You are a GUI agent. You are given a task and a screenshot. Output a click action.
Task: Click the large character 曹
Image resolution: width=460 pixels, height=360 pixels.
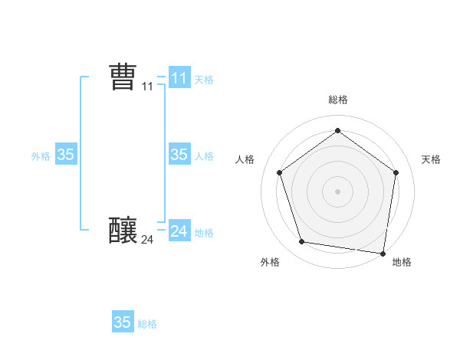(x=123, y=77)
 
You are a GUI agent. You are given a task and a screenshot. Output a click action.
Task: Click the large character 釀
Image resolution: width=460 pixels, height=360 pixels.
(x=123, y=229)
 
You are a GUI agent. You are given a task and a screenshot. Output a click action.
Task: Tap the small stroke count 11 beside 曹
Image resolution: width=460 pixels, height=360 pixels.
(x=148, y=87)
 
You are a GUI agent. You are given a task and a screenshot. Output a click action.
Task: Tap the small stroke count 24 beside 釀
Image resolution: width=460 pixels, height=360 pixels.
(x=147, y=240)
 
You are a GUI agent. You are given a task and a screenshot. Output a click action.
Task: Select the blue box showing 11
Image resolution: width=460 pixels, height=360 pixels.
(x=179, y=77)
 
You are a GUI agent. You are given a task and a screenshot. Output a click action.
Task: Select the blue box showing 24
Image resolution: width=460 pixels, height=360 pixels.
(x=179, y=231)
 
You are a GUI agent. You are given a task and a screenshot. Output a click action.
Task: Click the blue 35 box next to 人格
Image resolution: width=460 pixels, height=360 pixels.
(x=179, y=154)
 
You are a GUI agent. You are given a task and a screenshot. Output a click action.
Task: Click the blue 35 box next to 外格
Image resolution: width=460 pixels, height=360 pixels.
(x=65, y=154)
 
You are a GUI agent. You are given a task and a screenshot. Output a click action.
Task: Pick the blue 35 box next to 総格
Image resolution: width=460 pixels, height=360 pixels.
(x=122, y=322)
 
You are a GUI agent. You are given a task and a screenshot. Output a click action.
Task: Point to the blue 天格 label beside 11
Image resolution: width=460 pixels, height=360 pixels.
(x=204, y=79)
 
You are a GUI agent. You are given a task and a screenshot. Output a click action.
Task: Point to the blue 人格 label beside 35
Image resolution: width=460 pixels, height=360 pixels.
(x=204, y=155)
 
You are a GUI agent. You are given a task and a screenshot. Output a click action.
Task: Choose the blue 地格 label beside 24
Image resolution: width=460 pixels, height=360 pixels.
(x=204, y=233)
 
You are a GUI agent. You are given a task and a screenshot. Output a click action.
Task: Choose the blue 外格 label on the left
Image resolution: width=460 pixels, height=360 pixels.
(x=41, y=155)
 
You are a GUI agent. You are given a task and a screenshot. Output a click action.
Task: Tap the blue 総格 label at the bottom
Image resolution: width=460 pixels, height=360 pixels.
(x=147, y=324)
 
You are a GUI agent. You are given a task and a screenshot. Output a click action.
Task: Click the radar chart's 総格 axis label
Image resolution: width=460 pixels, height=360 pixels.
(x=337, y=100)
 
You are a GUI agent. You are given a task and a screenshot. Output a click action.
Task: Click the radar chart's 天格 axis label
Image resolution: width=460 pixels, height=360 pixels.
(x=431, y=159)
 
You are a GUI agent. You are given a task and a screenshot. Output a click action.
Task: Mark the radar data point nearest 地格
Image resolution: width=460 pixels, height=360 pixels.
(x=383, y=253)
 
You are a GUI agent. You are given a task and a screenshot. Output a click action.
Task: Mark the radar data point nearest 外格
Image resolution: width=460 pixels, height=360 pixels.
(x=302, y=242)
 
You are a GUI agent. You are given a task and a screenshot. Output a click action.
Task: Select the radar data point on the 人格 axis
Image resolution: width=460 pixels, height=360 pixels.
(x=280, y=173)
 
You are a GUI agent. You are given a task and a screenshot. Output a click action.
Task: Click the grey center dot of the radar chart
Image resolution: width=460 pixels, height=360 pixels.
(x=337, y=191)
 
